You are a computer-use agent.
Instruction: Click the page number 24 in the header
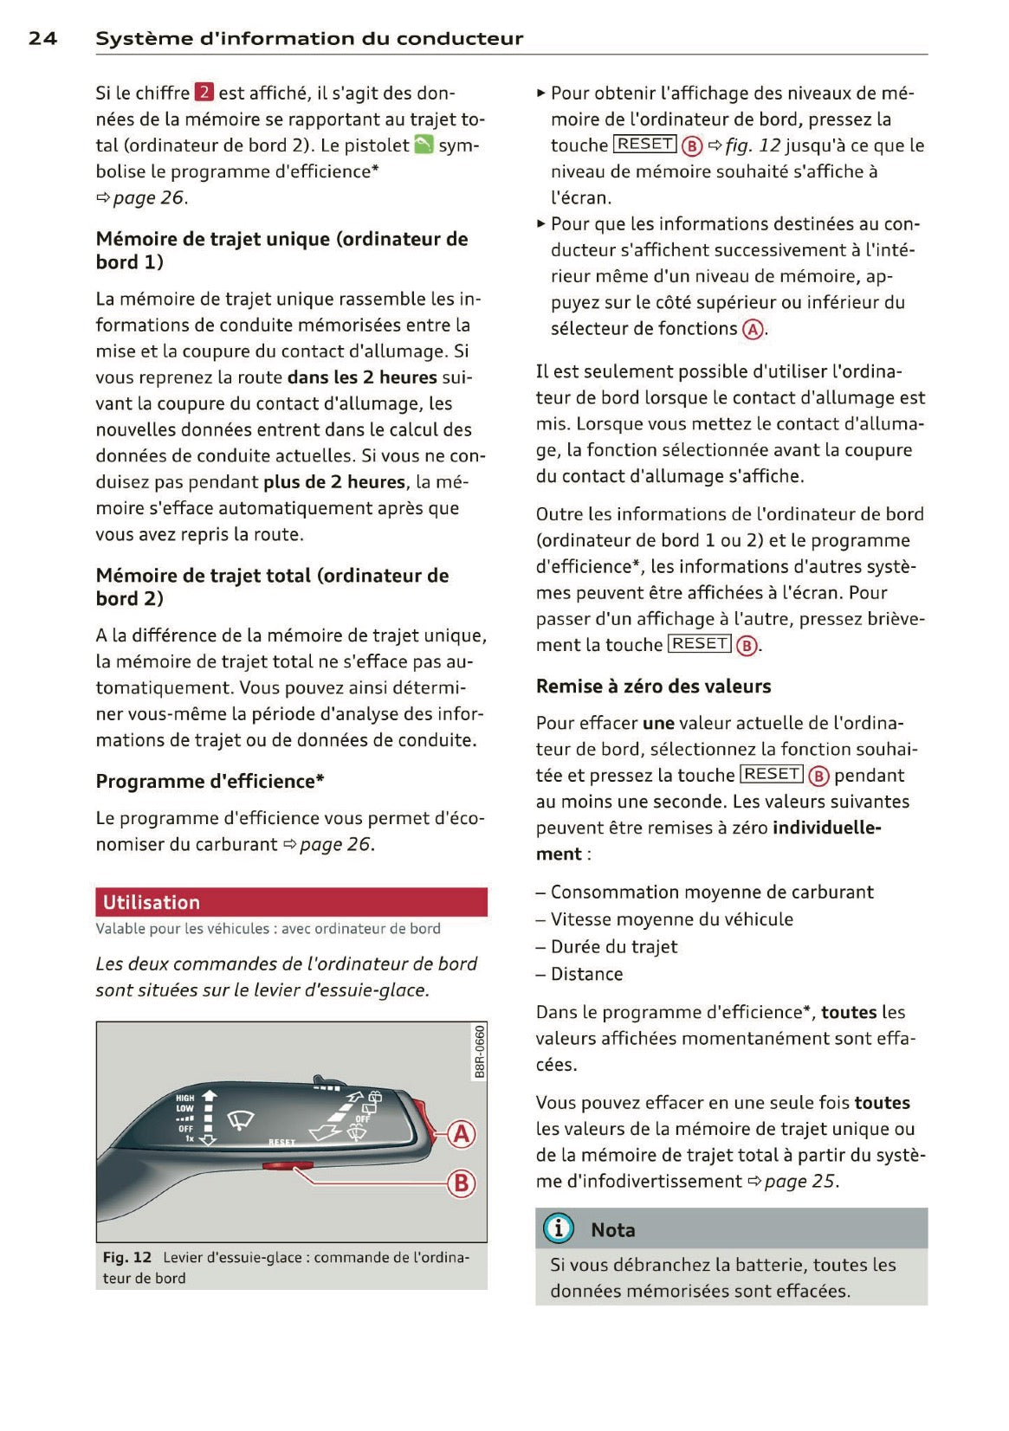coord(42,38)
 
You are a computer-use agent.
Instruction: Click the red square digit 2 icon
coord(204,93)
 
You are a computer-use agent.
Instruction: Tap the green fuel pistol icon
coord(424,145)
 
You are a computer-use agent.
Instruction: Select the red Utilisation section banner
coord(291,902)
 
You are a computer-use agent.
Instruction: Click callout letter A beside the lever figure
coord(462,1133)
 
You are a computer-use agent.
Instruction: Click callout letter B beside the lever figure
coord(462,1183)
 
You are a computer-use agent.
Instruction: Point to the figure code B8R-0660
coord(480,1051)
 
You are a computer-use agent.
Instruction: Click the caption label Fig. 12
coord(126,1257)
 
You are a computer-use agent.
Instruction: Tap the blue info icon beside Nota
coord(559,1228)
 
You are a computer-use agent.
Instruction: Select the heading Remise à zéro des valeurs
coord(653,686)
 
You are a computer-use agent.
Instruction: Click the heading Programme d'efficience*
coord(210,782)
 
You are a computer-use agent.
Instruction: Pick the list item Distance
coord(586,974)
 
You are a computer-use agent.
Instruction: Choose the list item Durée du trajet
coord(613,947)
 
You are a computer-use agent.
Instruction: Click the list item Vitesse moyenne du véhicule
coord(671,919)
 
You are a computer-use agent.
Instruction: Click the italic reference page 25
coord(800,1182)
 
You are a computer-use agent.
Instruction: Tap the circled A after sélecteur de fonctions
coord(754,329)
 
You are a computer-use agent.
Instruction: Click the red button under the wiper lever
coord(278,1167)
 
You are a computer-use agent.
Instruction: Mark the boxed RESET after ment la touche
coord(700,644)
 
